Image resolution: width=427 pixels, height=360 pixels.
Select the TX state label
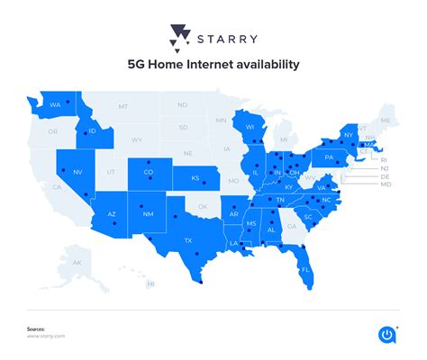[x=188, y=240]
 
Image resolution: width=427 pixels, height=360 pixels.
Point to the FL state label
[x=305, y=269]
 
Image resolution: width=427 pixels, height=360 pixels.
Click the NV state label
[x=77, y=171]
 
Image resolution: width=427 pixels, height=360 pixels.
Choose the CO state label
[x=149, y=173]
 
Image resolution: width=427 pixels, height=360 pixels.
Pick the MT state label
[x=123, y=107]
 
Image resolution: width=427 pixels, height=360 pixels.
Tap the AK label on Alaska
[x=77, y=262]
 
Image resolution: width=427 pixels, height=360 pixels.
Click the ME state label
[x=386, y=121]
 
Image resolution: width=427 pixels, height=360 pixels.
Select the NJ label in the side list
[x=385, y=168]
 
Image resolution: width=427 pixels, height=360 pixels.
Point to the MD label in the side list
[x=385, y=186]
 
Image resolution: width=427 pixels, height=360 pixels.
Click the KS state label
[x=195, y=178]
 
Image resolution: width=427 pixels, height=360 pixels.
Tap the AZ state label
[x=112, y=214]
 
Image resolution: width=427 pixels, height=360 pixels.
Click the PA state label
[x=330, y=157]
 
